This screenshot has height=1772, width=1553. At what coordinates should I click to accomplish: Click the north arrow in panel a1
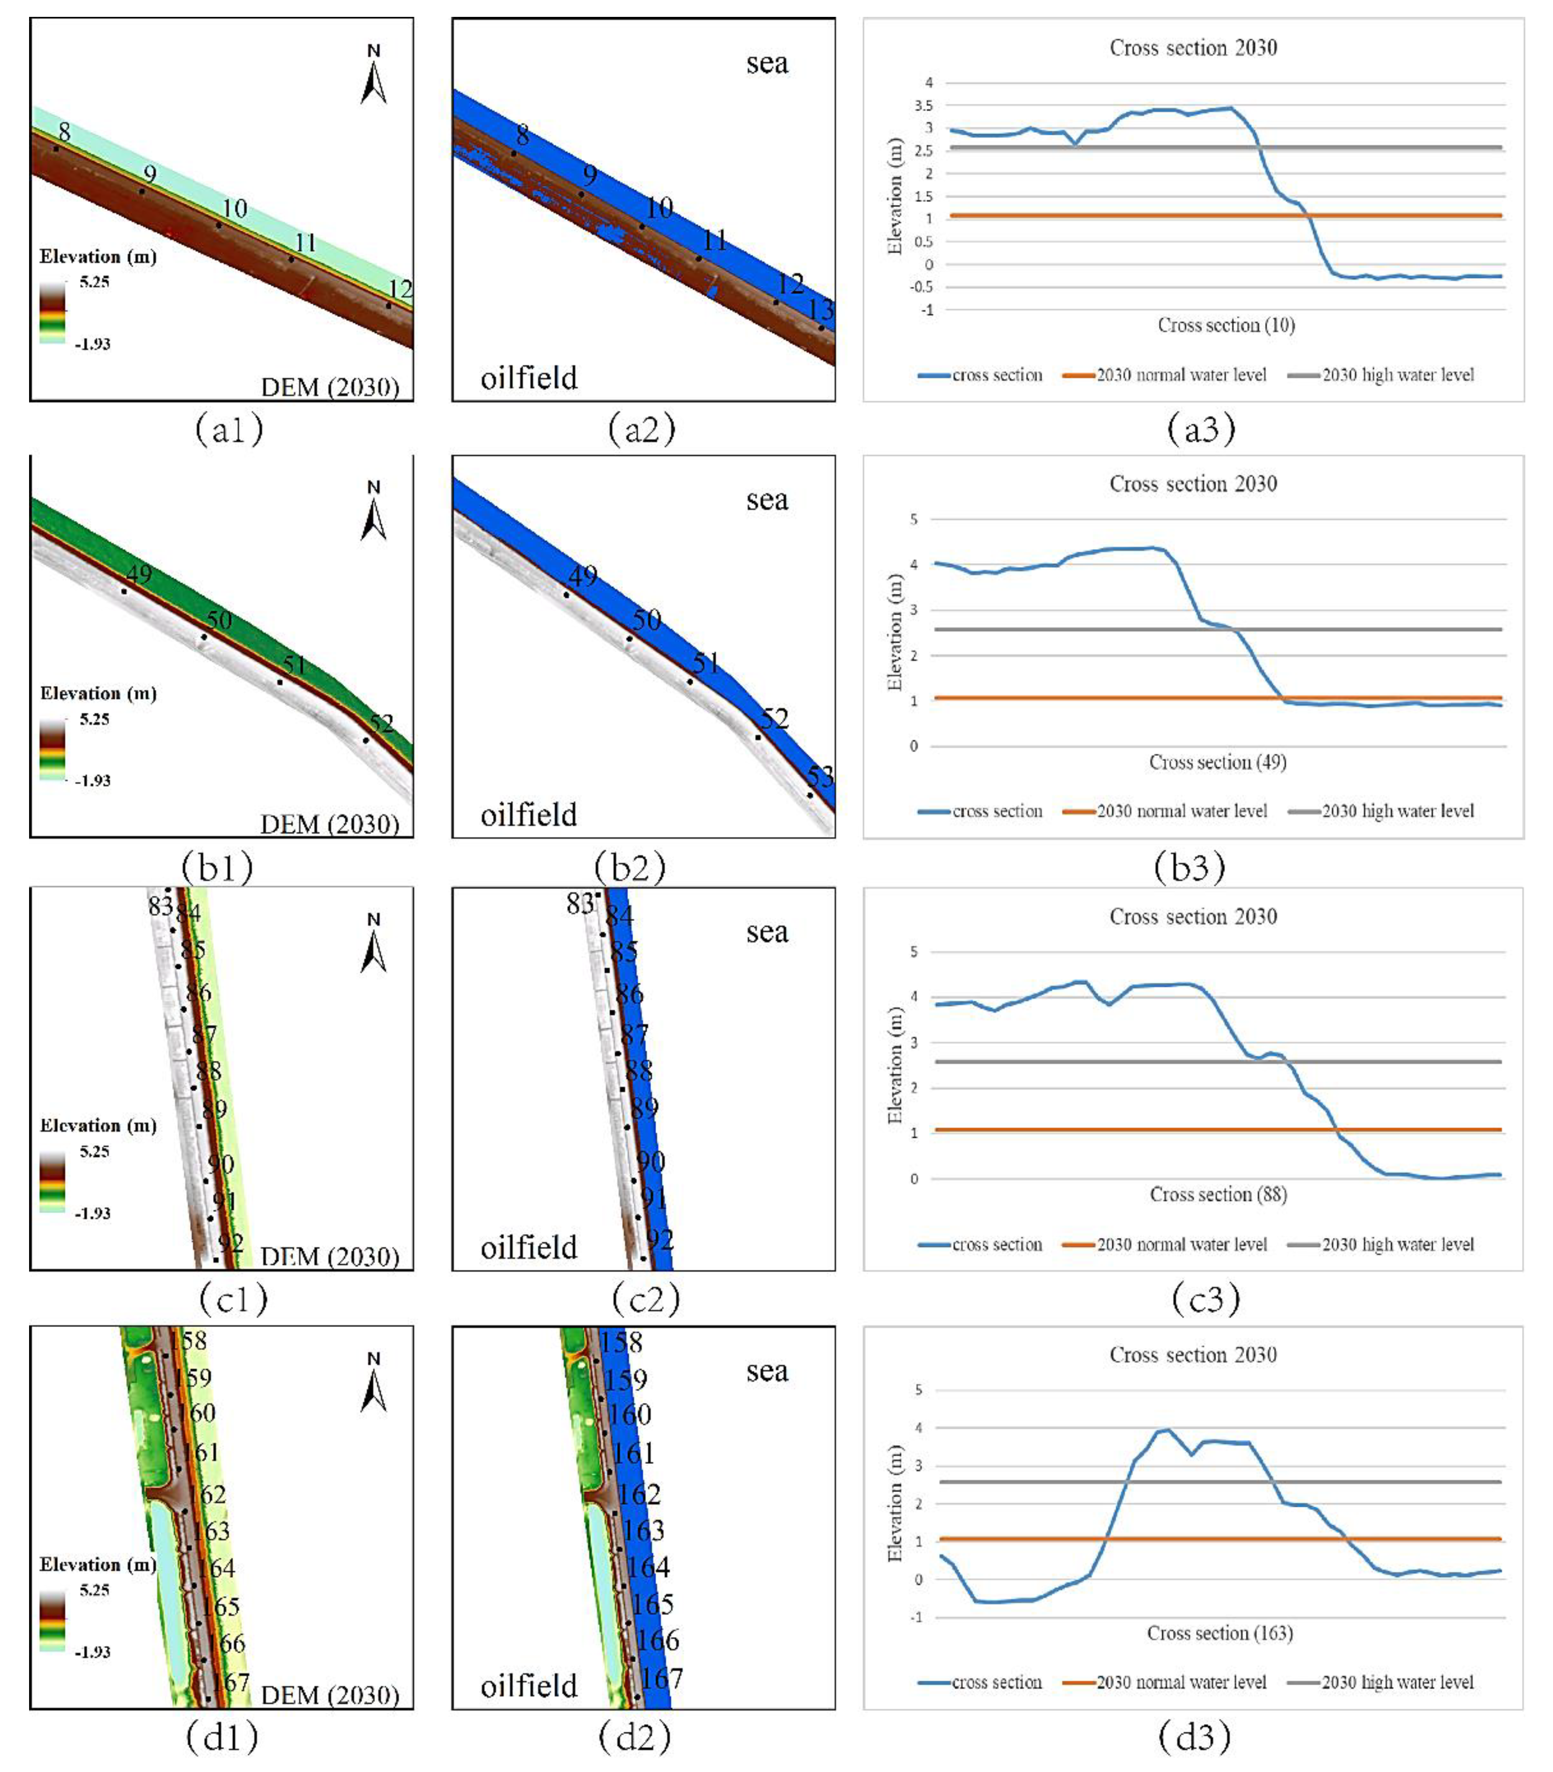click(x=373, y=76)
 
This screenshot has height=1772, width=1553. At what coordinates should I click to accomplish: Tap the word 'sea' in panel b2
click(x=767, y=500)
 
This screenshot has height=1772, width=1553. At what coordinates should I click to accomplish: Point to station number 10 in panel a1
click(x=234, y=209)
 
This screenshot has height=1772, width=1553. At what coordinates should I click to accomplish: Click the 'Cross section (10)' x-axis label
click(x=1226, y=325)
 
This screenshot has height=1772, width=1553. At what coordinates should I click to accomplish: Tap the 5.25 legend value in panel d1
click(x=94, y=1590)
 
